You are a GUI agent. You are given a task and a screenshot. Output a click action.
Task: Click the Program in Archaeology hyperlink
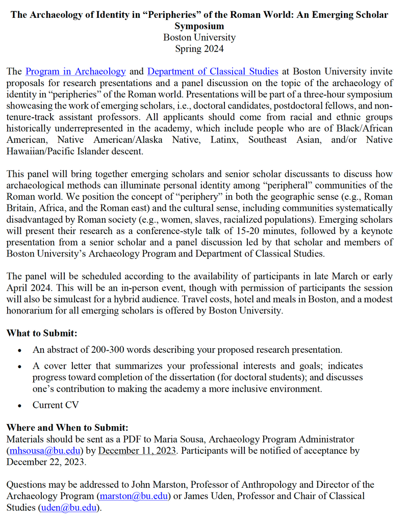pos(75,71)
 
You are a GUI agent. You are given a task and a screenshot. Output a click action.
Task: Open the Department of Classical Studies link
pos(213,71)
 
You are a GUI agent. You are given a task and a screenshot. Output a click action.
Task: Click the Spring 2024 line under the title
pos(199,49)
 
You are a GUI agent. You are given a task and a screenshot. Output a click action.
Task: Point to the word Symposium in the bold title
pos(199,26)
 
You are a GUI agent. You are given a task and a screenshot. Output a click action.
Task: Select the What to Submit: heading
pos(42,333)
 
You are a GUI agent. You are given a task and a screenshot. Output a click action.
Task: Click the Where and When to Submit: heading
pos(67,428)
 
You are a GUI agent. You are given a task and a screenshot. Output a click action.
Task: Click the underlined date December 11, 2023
pos(138,451)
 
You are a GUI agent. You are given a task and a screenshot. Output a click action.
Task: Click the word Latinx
pos(224,140)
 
